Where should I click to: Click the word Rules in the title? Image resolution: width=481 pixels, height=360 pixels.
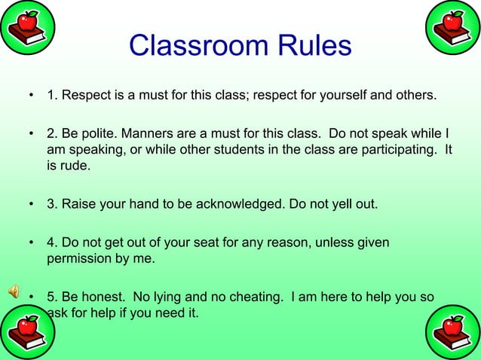tap(313, 46)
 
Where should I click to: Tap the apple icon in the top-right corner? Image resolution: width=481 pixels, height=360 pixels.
tap(453, 27)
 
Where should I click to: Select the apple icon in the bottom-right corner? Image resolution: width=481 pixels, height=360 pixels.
tap(453, 333)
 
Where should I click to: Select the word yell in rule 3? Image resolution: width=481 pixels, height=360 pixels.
tap(335, 204)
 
